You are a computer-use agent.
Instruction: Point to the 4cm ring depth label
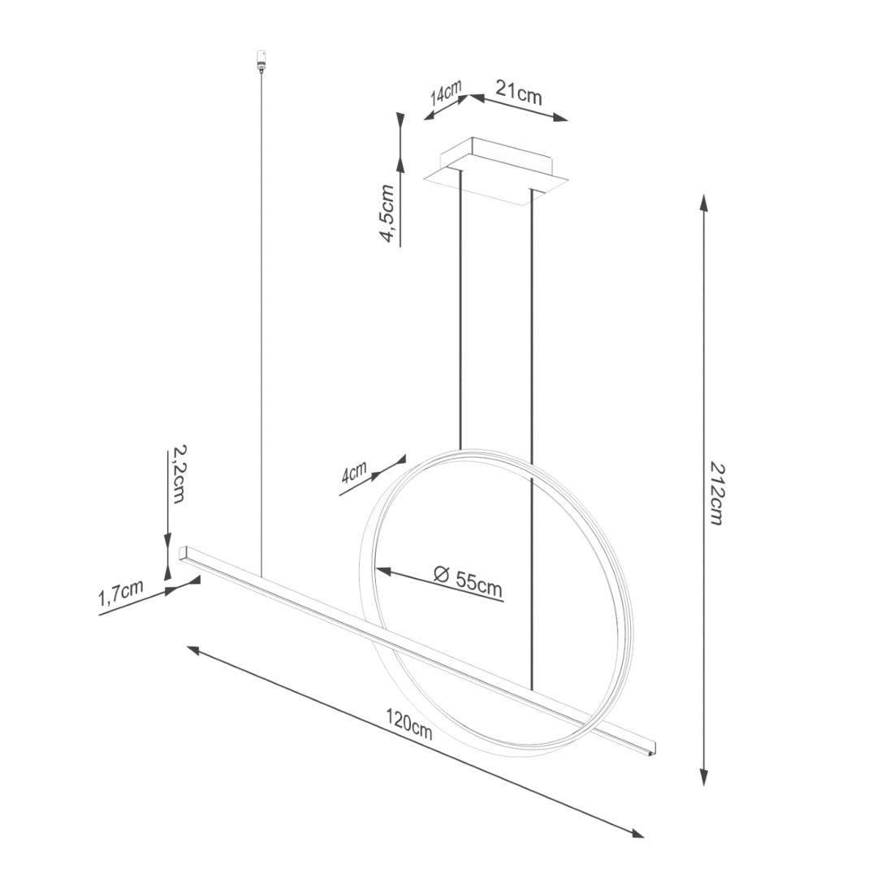tap(354, 473)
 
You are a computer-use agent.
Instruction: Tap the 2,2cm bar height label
tap(178, 476)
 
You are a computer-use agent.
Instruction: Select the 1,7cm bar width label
tap(121, 594)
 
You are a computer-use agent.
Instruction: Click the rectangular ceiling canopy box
tap(498, 169)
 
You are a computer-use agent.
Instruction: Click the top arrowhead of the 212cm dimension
tap(704, 201)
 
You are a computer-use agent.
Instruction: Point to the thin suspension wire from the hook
tap(261, 325)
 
